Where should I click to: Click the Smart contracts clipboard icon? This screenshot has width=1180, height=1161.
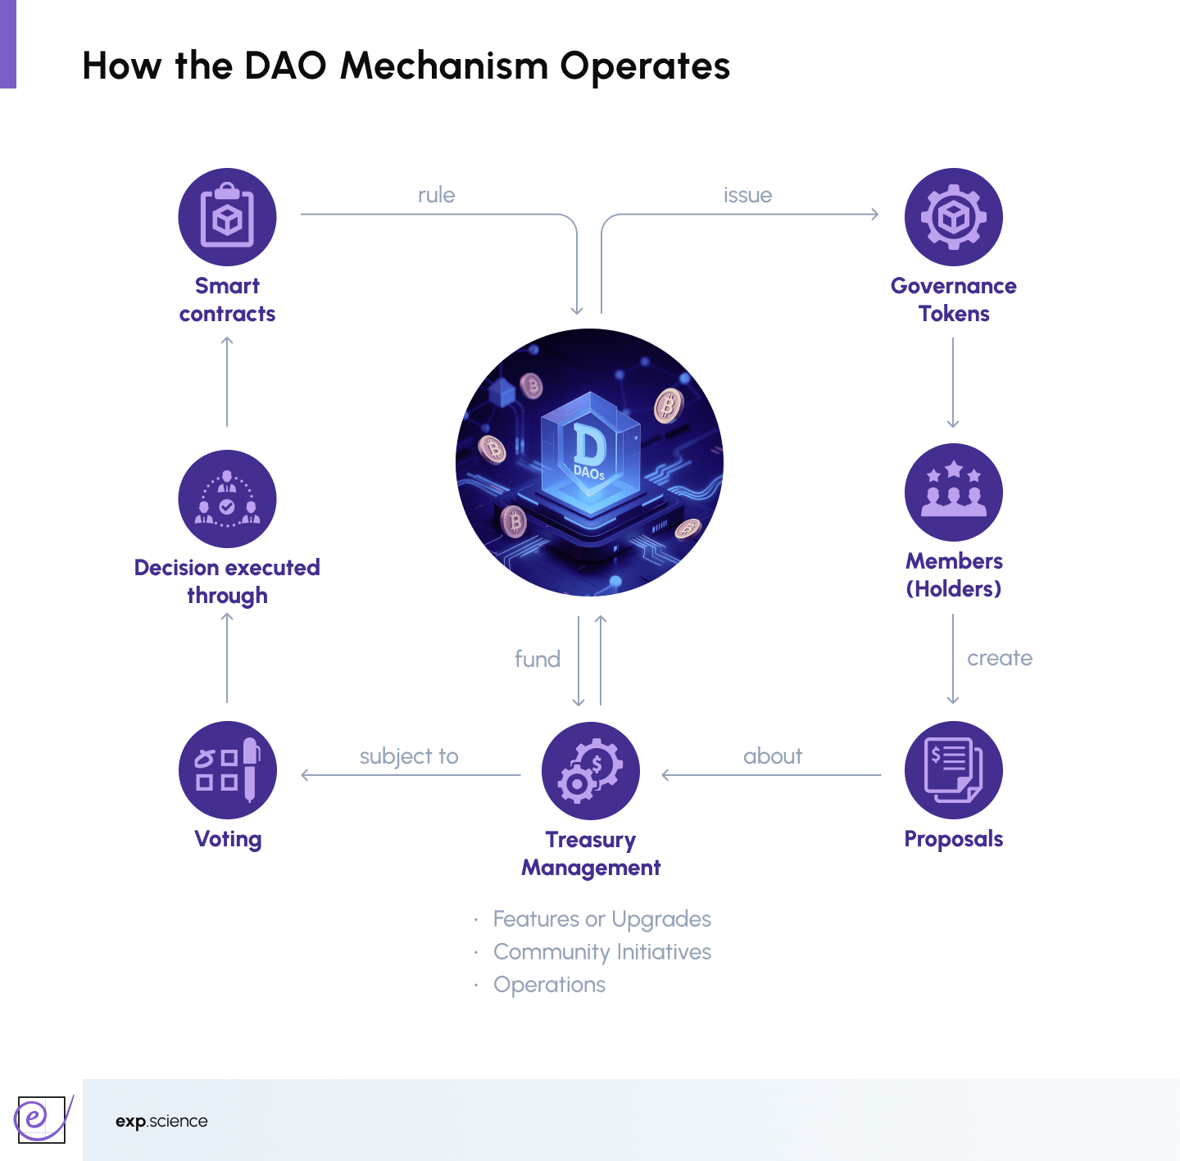tap(227, 217)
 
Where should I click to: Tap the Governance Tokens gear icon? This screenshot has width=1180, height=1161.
tap(953, 217)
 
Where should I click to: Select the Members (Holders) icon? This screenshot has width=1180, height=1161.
tap(953, 492)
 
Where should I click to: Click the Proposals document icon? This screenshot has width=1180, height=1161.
tap(953, 770)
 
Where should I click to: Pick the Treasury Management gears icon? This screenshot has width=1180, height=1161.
tap(590, 771)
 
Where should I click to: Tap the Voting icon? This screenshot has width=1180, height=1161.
tap(227, 770)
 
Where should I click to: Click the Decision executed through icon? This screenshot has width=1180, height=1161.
tap(227, 499)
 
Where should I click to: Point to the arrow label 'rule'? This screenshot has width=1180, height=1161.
tap(436, 195)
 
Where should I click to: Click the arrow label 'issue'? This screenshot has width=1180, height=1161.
tap(747, 195)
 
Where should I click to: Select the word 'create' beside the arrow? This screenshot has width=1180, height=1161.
tap(999, 658)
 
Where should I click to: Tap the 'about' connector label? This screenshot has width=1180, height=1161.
tap(772, 756)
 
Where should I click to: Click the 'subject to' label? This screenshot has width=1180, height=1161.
tap(409, 756)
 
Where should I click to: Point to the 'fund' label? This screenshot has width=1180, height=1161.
tap(538, 659)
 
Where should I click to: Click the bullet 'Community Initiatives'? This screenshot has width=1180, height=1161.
tap(601, 952)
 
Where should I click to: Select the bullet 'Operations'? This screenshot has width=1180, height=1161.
tap(549, 985)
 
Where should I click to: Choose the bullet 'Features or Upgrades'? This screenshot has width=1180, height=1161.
tap(601, 919)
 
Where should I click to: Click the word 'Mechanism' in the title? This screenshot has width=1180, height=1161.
tap(443, 66)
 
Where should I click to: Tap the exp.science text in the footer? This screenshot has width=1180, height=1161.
tap(161, 1121)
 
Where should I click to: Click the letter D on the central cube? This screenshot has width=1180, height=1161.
tap(588, 446)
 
